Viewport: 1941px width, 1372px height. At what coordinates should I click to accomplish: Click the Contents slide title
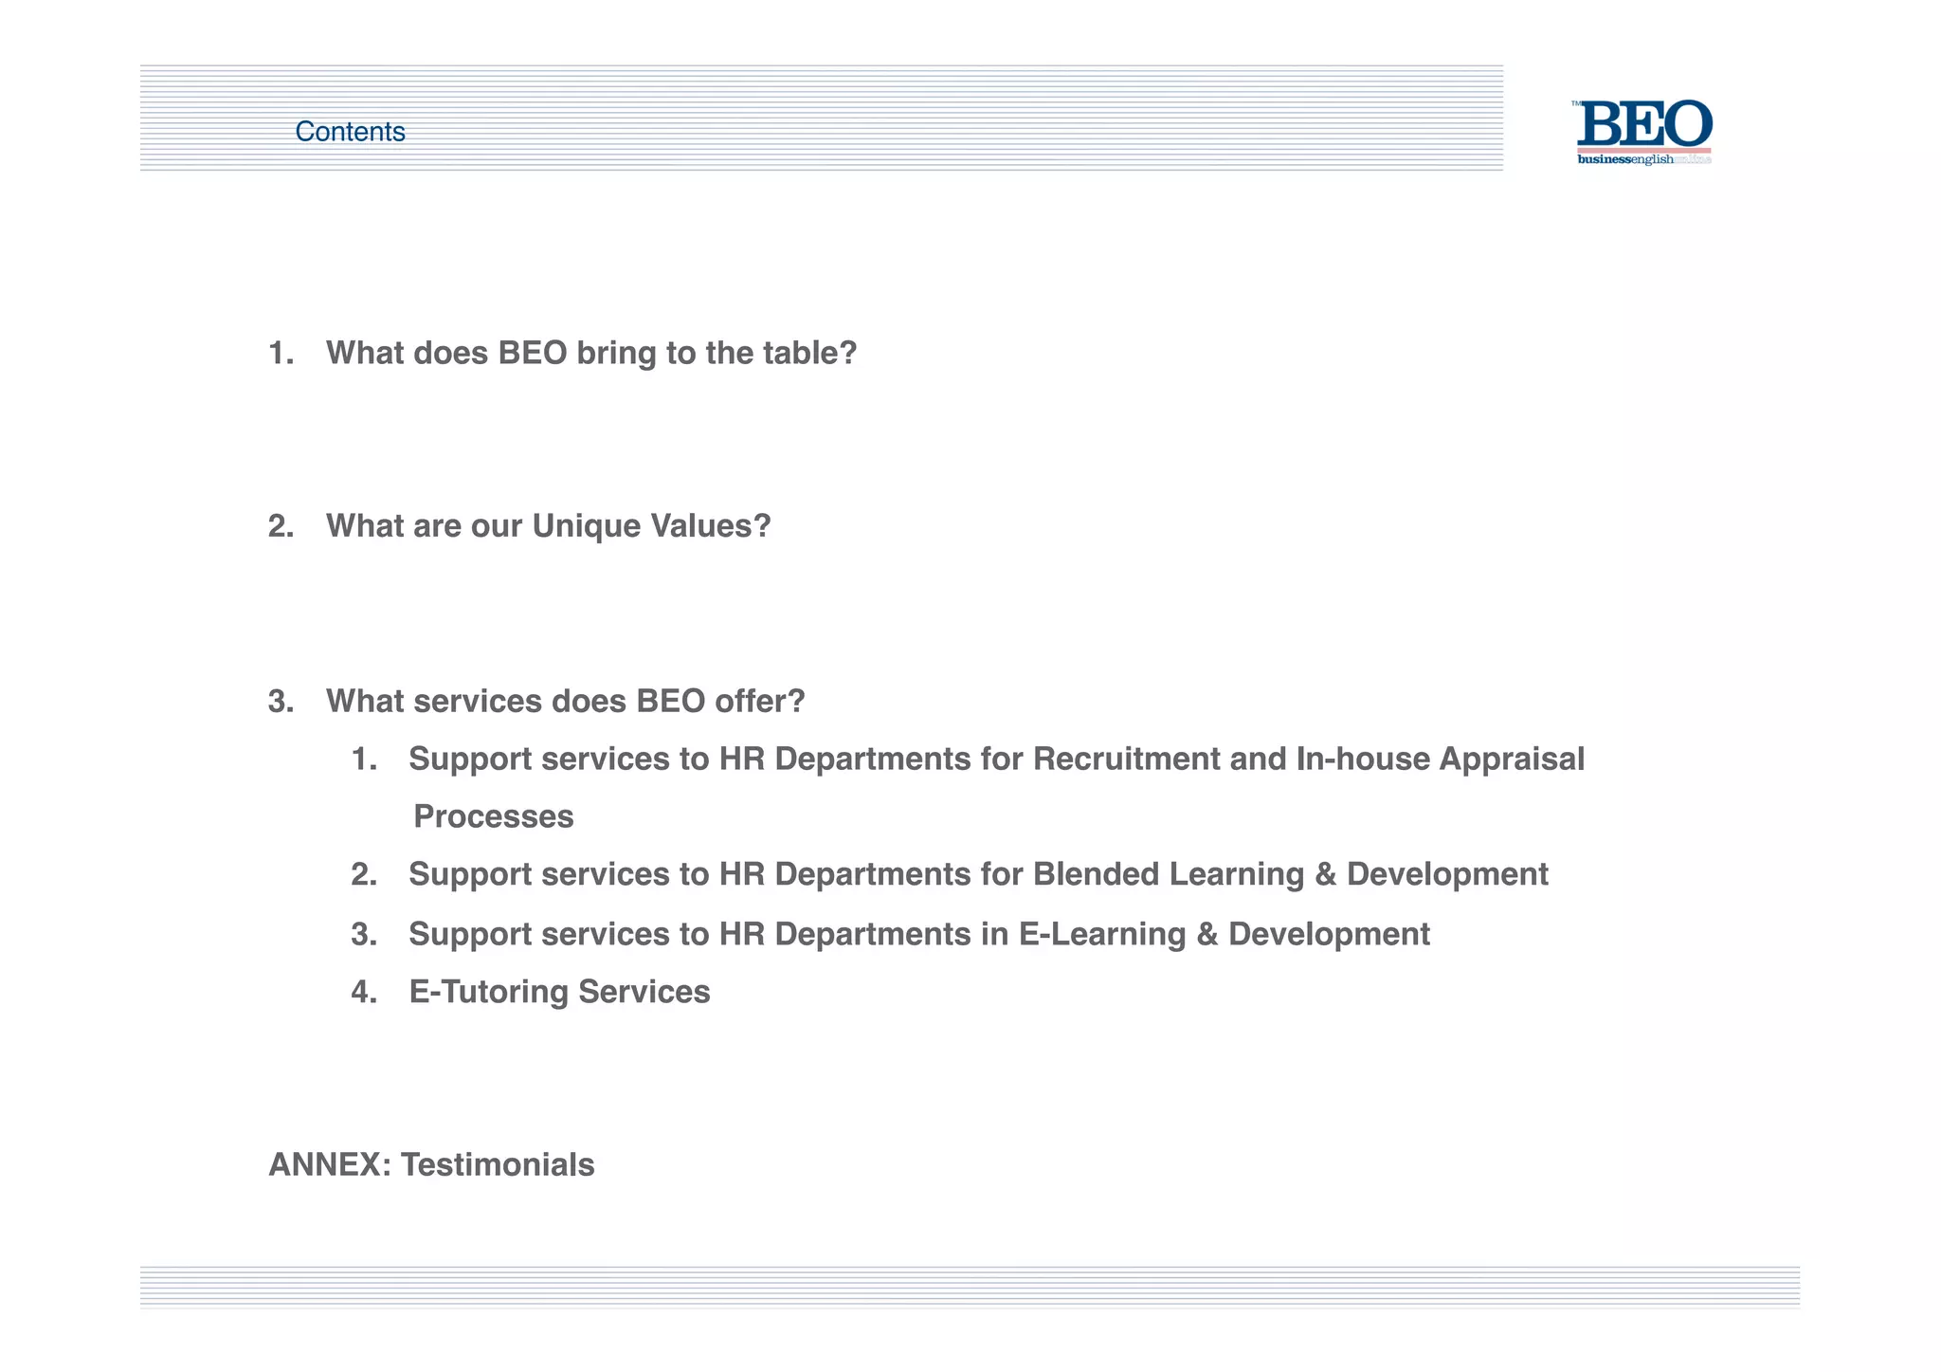350,132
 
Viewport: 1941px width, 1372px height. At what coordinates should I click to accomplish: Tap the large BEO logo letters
1644,124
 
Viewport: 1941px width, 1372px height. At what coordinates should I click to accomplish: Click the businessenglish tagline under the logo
1625,159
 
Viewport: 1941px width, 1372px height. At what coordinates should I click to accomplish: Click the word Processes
494,816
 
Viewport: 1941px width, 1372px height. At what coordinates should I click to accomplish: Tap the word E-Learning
1102,935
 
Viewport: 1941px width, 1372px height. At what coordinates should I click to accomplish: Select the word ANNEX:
329,1165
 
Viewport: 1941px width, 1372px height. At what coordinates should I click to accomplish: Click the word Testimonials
498,1165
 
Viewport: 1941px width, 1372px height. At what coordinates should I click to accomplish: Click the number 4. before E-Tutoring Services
363,992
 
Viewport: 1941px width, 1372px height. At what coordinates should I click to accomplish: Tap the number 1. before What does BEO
281,354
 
